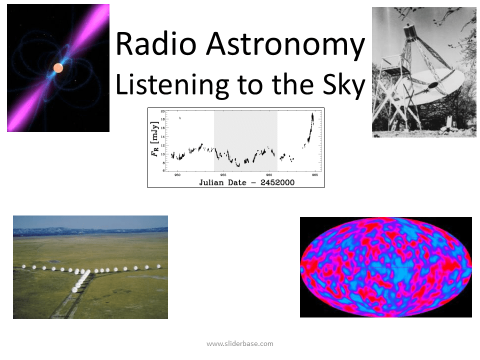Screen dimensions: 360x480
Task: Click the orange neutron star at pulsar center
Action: (58, 68)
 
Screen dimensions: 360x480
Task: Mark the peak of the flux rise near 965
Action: (312, 115)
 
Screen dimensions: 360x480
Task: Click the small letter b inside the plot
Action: (179, 118)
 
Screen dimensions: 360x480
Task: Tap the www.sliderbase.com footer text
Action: (240, 343)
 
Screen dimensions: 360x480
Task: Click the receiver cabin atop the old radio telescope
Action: (410, 31)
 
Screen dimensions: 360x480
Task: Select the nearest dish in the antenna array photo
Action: (75, 289)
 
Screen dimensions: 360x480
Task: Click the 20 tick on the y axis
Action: (162, 112)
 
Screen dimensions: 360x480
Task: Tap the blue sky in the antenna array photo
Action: (90, 221)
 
